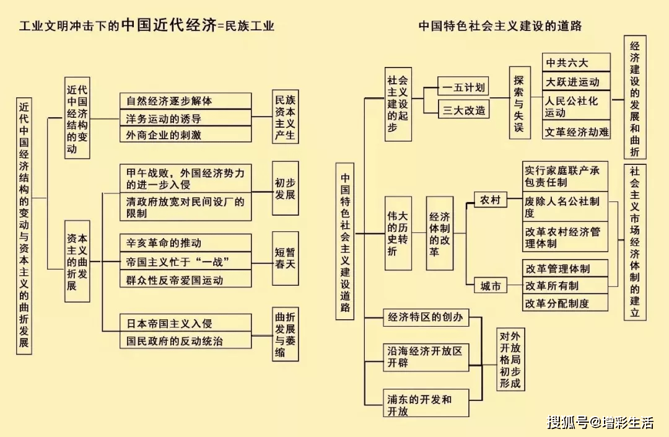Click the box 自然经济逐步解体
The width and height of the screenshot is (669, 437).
[x=185, y=101]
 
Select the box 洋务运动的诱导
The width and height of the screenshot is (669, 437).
[x=185, y=118]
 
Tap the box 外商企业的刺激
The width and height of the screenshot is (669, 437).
[x=185, y=135]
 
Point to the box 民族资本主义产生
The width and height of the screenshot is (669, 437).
[x=285, y=117]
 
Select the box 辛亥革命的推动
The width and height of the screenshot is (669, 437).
[x=185, y=243]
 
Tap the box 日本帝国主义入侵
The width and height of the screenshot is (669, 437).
[x=185, y=323]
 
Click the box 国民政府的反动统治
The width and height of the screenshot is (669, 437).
[x=185, y=340]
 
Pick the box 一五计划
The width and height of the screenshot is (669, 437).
[x=463, y=87]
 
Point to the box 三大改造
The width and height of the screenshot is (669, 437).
[x=463, y=110]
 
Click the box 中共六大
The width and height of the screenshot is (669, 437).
[x=576, y=63]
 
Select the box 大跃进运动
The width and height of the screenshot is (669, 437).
[x=576, y=82]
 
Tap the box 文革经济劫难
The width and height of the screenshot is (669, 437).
[x=576, y=131]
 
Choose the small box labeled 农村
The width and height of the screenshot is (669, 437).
[x=491, y=200]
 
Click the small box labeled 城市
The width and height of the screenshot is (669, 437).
[x=491, y=286]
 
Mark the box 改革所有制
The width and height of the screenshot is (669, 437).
[x=565, y=286]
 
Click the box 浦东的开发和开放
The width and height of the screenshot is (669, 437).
[x=426, y=405]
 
